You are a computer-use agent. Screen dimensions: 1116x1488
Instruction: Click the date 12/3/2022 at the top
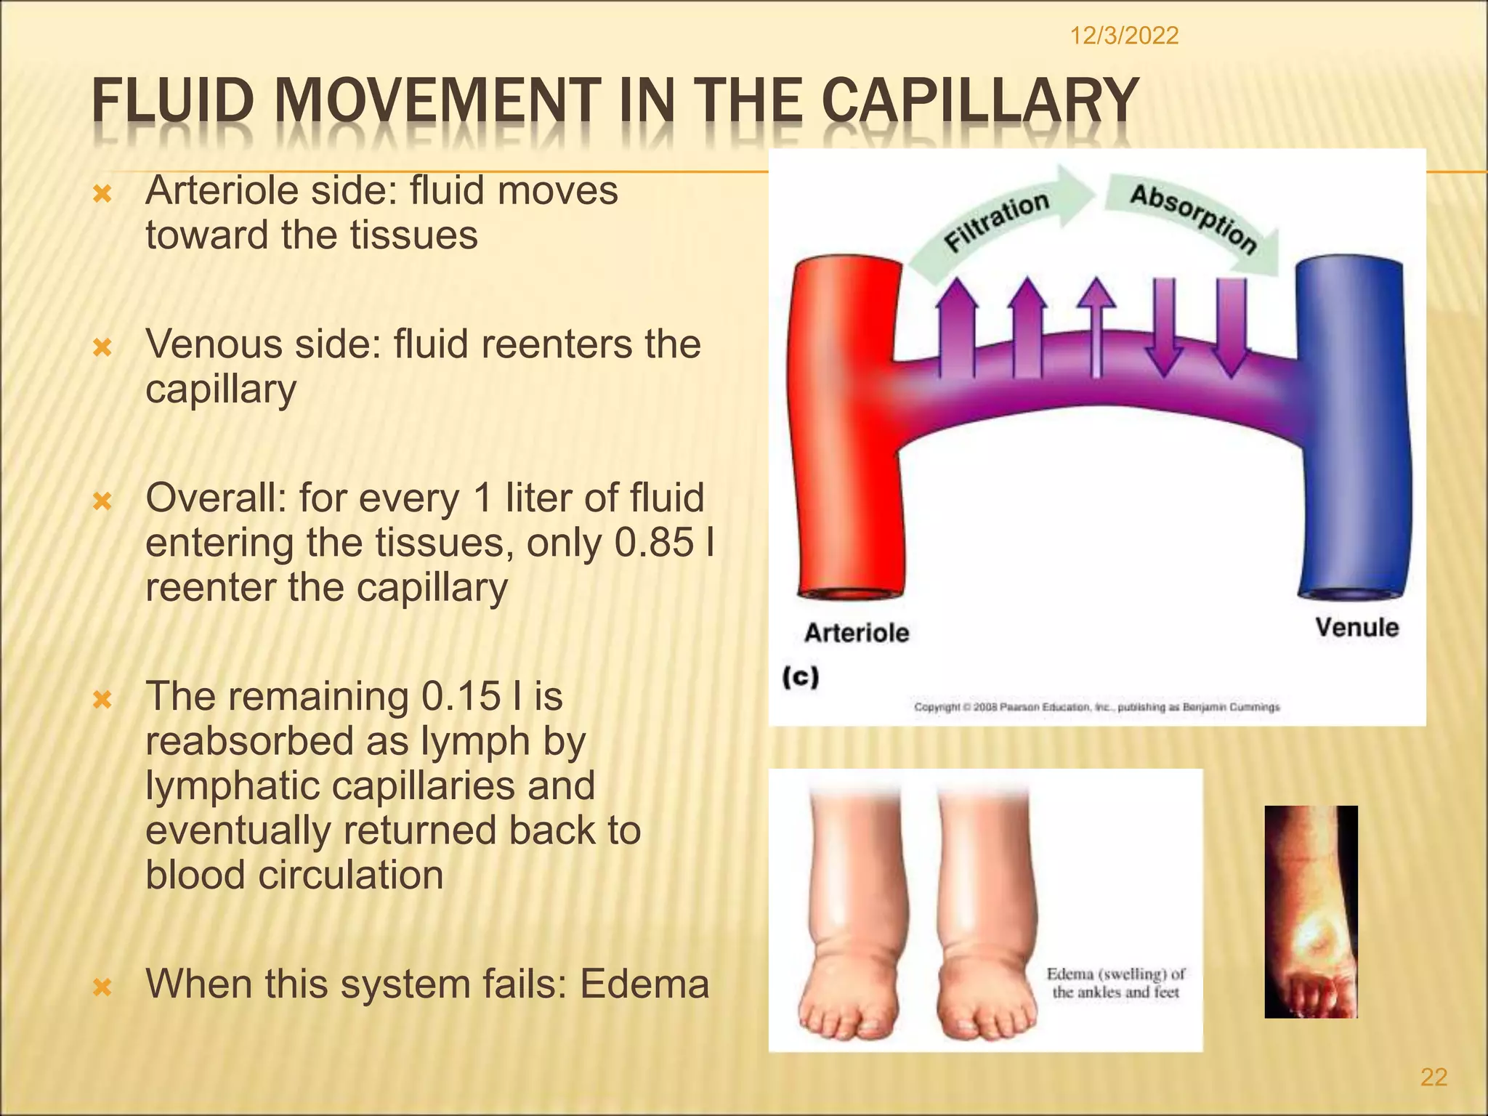(x=1124, y=36)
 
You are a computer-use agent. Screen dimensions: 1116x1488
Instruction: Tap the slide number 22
(x=1434, y=1077)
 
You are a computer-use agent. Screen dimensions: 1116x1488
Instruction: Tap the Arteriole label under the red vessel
(x=857, y=633)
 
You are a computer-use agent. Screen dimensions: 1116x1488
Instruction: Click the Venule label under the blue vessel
(x=1357, y=628)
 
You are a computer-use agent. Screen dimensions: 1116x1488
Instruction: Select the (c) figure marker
(x=801, y=677)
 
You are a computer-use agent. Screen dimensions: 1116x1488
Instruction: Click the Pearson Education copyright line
(x=1096, y=707)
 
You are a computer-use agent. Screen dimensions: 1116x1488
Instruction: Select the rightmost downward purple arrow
(x=1231, y=327)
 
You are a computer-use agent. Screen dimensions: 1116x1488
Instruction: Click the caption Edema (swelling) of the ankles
(x=1115, y=983)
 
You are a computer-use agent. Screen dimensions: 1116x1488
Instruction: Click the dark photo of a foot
(x=1311, y=911)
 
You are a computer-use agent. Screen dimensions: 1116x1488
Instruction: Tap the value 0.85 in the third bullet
(x=654, y=543)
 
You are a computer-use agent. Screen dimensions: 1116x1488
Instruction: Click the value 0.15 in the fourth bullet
(x=461, y=697)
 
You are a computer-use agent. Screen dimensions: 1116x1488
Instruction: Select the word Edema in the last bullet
(x=644, y=984)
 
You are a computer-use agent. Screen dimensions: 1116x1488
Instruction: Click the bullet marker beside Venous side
(x=103, y=348)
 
